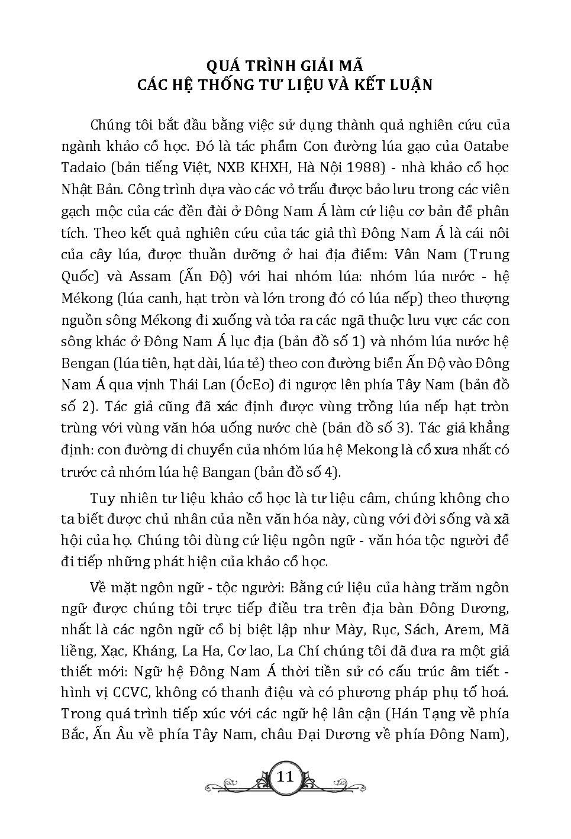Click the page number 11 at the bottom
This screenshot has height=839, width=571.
tap(285, 776)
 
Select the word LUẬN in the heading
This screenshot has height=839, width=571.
tap(410, 85)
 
